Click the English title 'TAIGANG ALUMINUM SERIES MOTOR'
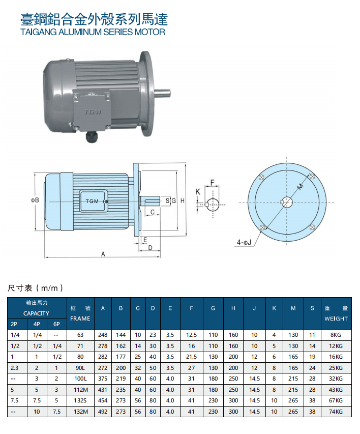(x=93, y=32)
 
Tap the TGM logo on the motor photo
(x=93, y=112)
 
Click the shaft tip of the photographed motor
(x=169, y=93)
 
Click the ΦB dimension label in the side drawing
(x=35, y=200)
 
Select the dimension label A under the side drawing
(x=103, y=254)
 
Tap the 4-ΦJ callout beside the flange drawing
(x=244, y=243)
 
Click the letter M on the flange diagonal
(x=301, y=187)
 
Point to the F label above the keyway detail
(x=213, y=183)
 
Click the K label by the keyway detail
(x=198, y=192)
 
